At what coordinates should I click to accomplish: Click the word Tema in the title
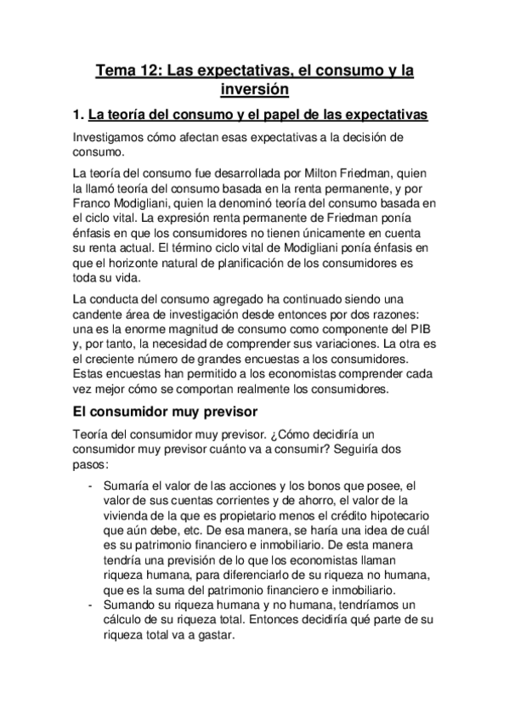coord(116,70)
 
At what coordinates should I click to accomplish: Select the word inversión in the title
coord(254,88)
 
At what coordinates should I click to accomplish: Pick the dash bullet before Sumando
coord(91,604)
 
